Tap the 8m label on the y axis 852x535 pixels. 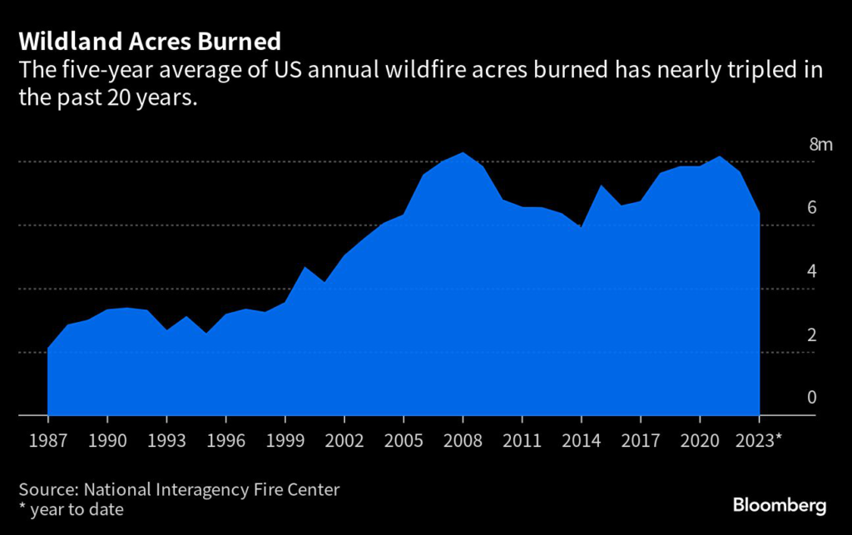820,145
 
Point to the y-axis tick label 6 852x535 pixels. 811,208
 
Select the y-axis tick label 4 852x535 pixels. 811,271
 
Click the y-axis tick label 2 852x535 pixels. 811,334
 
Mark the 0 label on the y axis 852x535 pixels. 811,398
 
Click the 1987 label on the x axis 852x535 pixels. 48,438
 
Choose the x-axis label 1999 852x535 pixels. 285,438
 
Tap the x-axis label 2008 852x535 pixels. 463,438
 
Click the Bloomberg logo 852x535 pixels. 779,504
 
